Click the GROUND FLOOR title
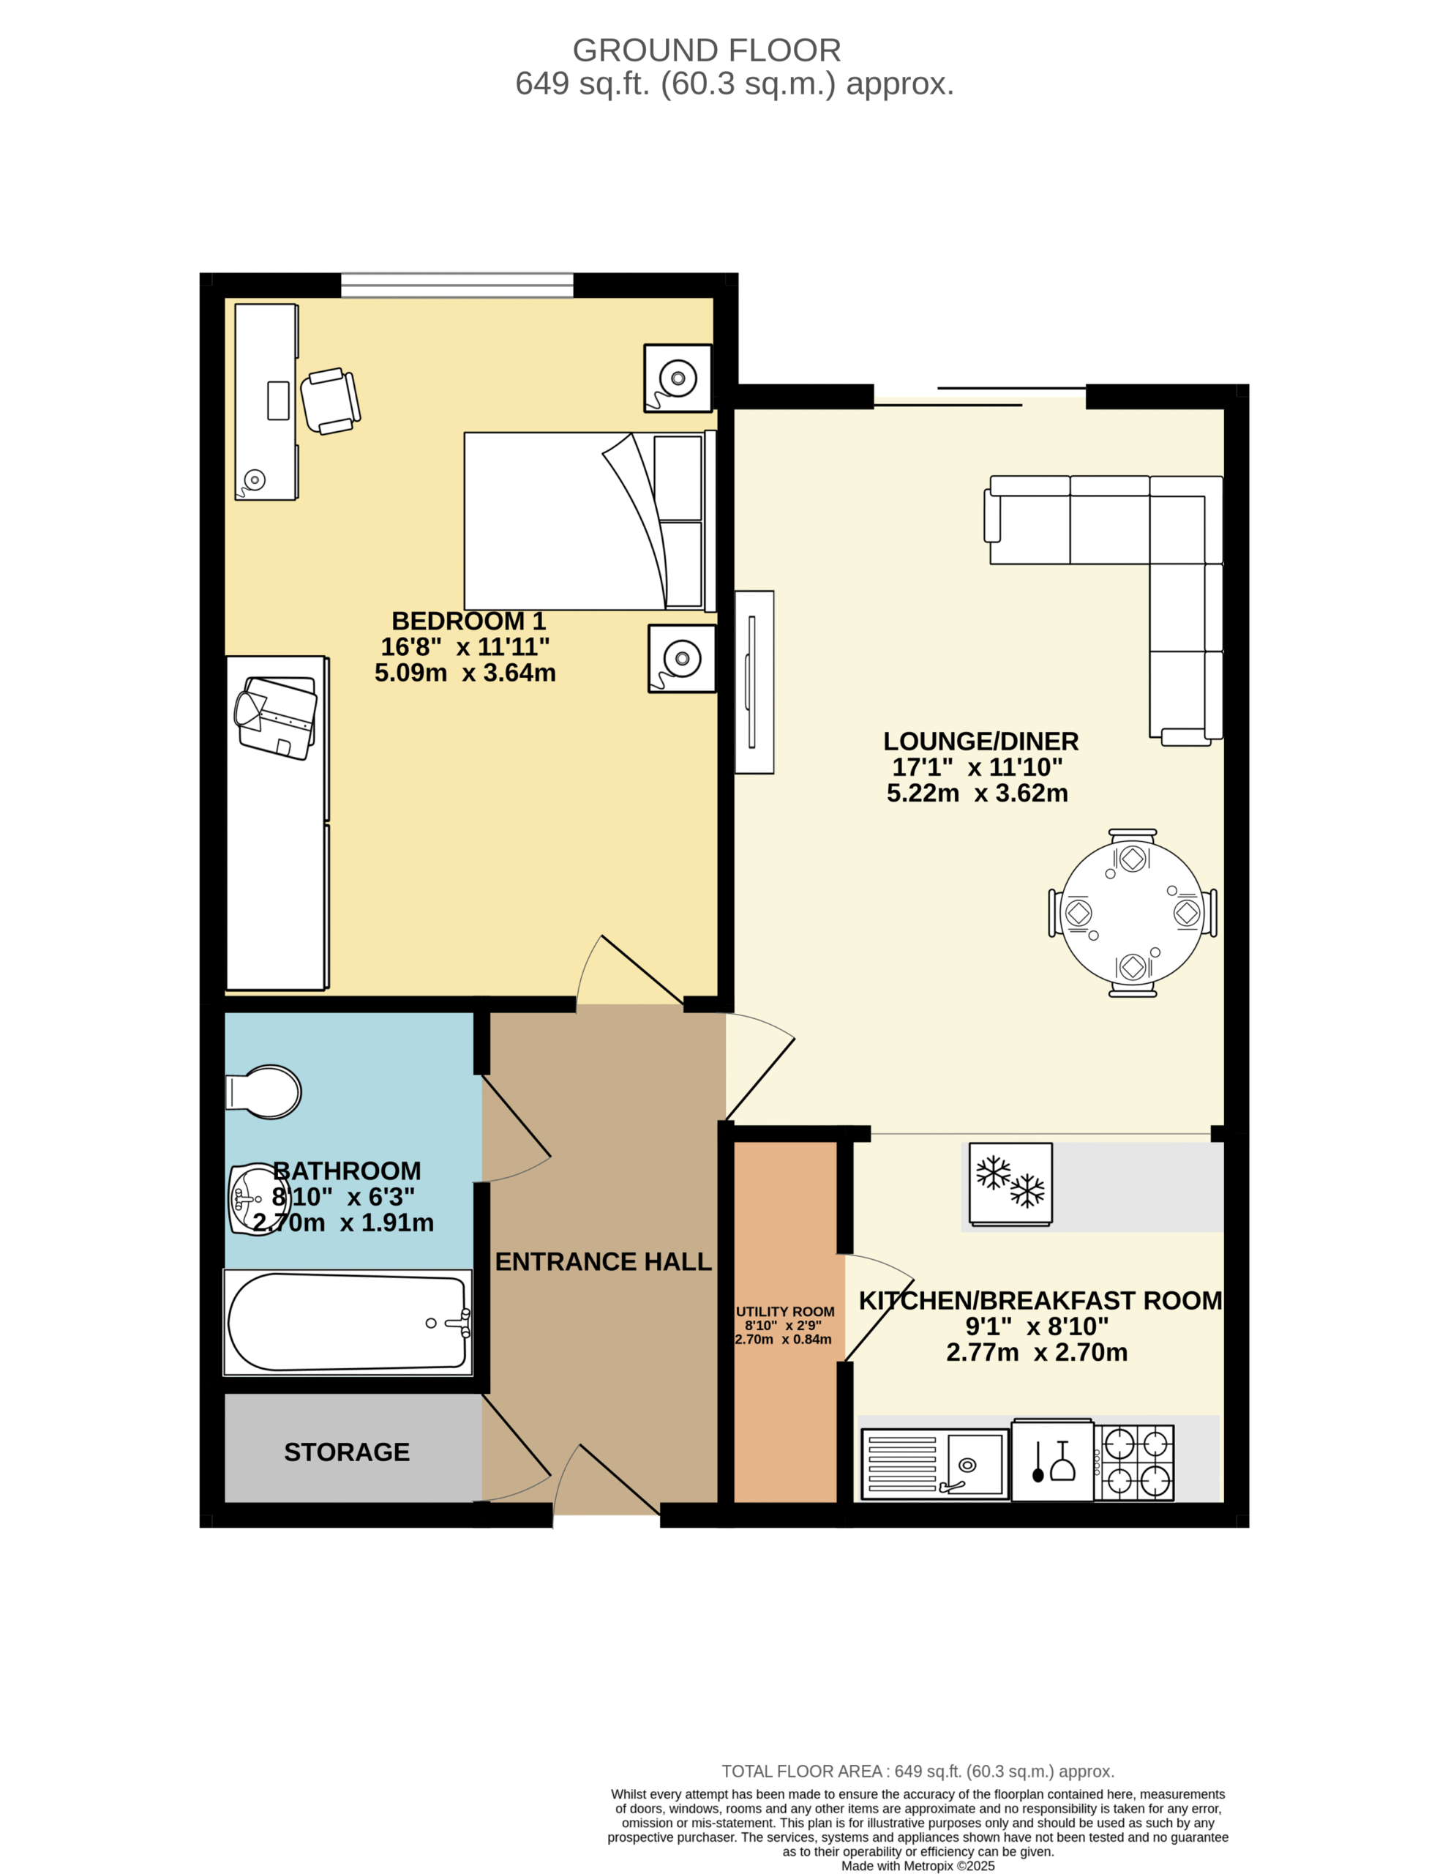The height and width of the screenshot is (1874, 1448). click(706, 51)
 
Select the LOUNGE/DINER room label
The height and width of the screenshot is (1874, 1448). click(980, 742)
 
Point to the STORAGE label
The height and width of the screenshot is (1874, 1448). click(347, 1452)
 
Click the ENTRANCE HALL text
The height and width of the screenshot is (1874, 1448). click(603, 1261)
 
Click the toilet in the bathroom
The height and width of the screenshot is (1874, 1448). click(263, 1092)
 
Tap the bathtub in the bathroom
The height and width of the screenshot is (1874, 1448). click(348, 1322)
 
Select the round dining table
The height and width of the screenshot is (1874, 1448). click(1133, 912)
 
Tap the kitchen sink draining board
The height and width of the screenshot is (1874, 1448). click(902, 1464)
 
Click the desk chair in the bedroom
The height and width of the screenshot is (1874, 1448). click(330, 400)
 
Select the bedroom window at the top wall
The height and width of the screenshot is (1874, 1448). click(457, 285)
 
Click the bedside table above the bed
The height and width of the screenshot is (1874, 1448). click(678, 378)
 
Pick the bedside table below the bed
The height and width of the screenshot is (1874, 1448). click(682, 658)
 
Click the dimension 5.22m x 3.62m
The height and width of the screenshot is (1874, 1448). click(977, 793)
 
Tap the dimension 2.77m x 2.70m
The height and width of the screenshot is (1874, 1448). click(1036, 1352)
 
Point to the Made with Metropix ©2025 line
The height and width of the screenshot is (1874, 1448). click(918, 1865)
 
